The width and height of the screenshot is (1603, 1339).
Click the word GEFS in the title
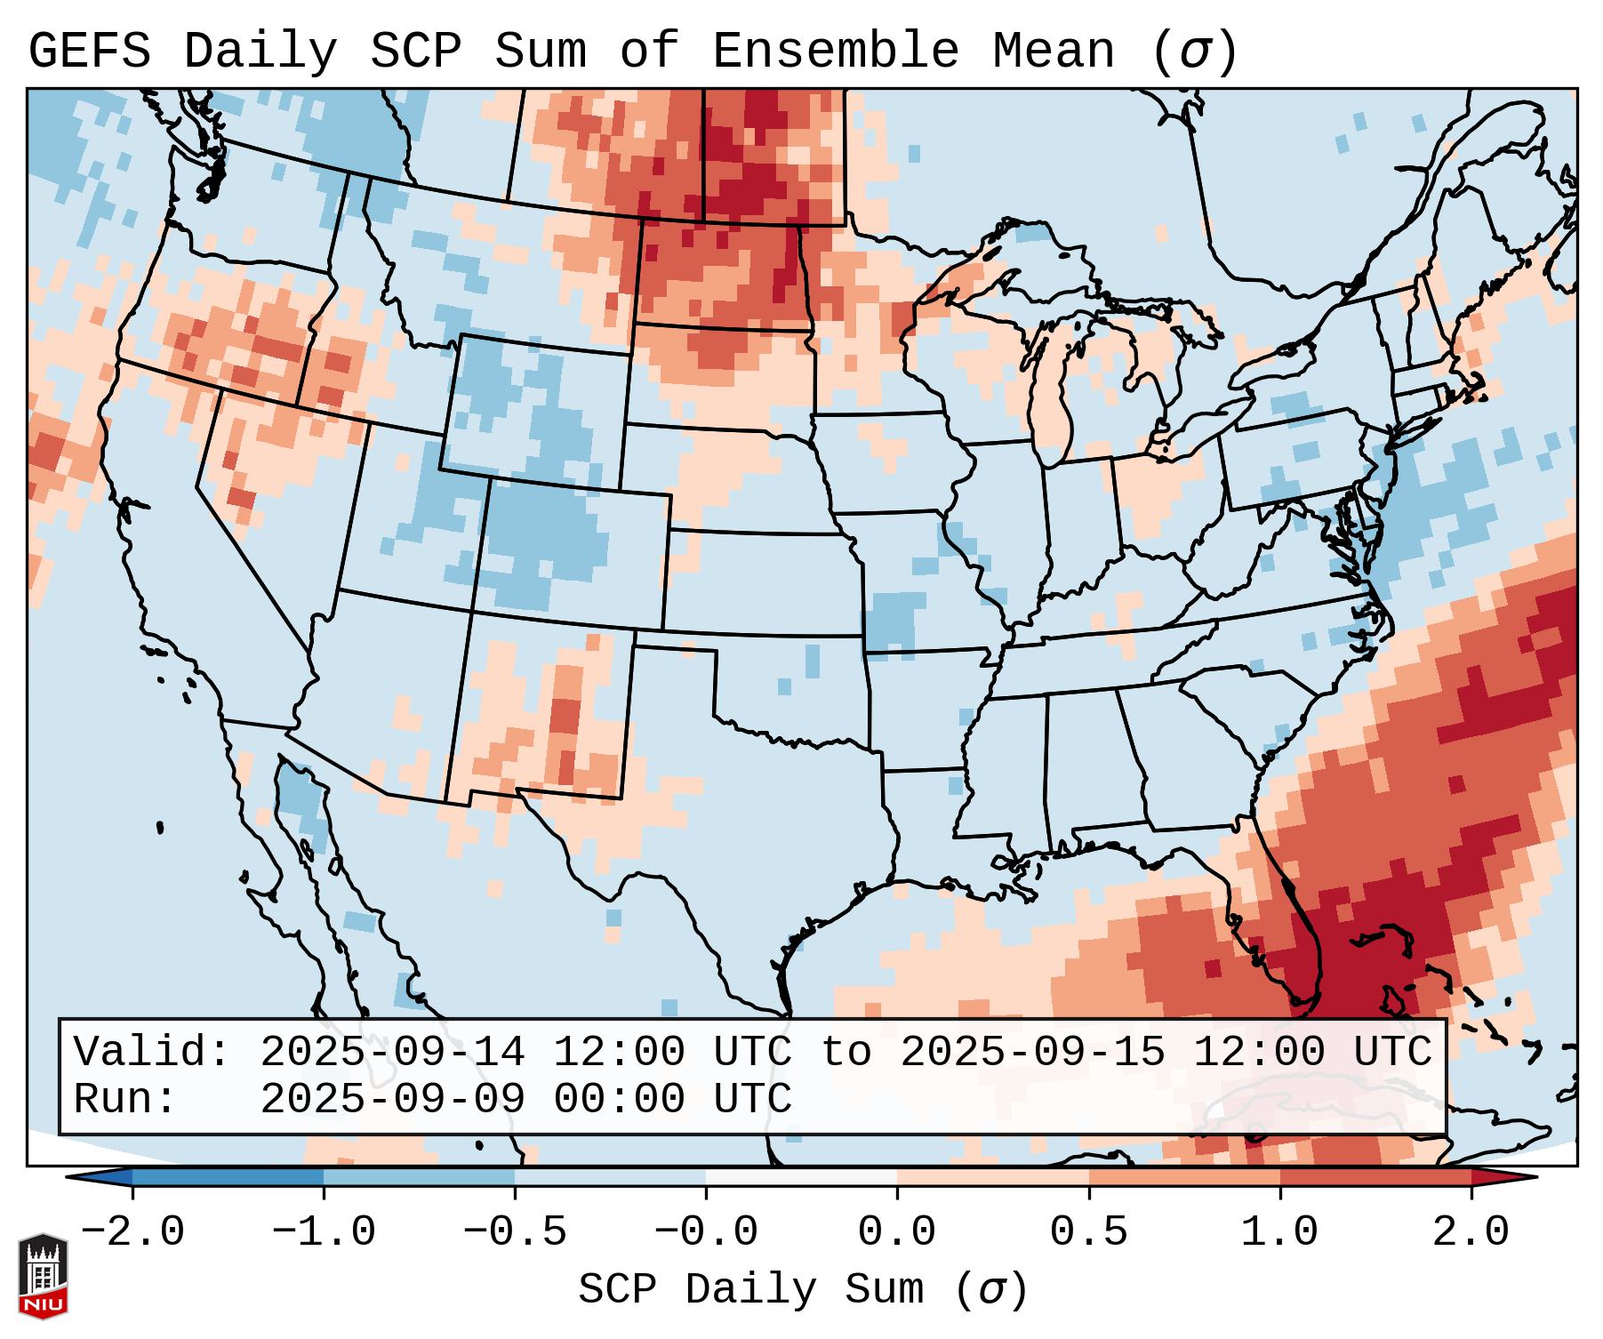tap(90, 52)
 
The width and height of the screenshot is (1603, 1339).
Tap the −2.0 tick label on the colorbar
tap(132, 1232)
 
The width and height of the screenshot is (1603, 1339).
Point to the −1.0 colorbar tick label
tap(324, 1232)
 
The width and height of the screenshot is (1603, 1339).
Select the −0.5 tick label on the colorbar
tap(515, 1232)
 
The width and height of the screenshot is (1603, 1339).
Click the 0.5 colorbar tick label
tap(1088, 1232)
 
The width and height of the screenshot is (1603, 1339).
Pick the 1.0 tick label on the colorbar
tap(1279, 1232)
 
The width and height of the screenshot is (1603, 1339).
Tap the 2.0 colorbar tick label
tap(1471, 1232)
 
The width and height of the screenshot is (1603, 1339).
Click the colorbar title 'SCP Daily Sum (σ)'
tap(803, 1290)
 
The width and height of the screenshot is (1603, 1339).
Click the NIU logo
tap(43, 1276)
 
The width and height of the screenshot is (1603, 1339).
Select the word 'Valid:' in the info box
tap(152, 1052)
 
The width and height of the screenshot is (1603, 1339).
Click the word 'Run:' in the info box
tap(125, 1099)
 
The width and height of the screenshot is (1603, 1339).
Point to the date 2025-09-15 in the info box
tap(1032, 1052)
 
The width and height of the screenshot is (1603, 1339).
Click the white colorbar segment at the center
tap(801, 1177)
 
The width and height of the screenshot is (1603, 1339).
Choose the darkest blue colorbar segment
tap(228, 1177)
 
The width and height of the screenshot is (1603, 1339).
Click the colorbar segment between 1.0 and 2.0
tap(1375, 1177)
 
